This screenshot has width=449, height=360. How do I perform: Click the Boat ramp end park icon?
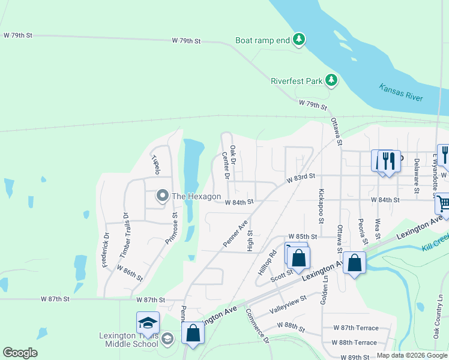coord(299,40)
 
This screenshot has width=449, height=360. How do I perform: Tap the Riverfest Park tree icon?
coord(331,80)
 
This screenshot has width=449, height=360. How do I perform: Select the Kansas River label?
coord(401,92)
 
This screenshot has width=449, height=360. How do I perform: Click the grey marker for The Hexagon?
coord(162,196)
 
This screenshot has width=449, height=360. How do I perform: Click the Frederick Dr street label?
coord(106,250)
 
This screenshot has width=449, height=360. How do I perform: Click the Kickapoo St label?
coord(321,208)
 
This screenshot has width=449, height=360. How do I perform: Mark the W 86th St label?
coord(130,273)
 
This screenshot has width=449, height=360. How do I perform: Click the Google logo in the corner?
coord(20,353)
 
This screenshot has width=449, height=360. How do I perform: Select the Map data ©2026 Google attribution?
coord(411,355)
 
